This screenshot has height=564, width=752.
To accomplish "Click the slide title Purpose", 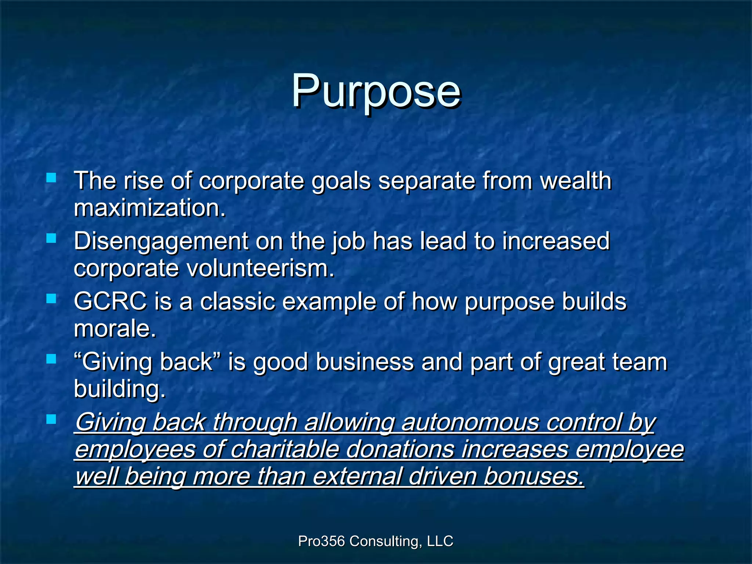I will click(x=376, y=91).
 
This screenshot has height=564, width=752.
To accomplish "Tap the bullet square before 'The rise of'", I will click(x=51, y=178).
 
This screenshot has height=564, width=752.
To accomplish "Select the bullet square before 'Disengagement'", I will click(x=51, y=239).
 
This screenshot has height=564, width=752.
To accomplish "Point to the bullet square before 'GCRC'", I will click(x=51, y=299).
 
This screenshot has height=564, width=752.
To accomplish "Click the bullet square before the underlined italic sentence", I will click(x=51, y=419).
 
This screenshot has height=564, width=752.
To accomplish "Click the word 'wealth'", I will click(x=575, y=181).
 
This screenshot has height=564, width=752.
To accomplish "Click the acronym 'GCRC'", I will click(x=110, y=301).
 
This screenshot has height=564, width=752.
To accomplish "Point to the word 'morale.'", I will click(x=115, y=328).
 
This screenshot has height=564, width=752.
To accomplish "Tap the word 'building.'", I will click(x=120, y=389).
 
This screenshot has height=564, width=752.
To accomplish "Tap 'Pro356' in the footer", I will click(x=321, y=541).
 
